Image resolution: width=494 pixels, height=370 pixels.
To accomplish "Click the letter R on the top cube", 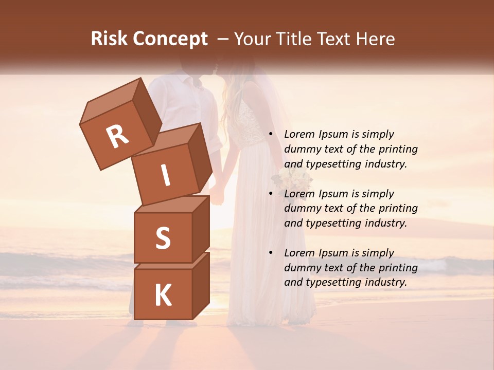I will point(117,136).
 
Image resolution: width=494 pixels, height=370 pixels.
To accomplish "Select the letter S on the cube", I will point(163,238).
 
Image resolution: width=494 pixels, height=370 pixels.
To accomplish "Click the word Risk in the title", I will point(109,39).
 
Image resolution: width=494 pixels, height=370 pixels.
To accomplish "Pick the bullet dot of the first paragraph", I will point(271,135).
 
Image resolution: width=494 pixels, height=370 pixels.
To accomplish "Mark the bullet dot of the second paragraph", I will point(271,194).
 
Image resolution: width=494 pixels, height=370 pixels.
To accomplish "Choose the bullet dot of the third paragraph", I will point(271,253).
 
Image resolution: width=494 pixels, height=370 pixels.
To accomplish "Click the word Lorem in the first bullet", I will point(299,134).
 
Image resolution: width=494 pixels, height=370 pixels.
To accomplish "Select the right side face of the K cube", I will point(201,285).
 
